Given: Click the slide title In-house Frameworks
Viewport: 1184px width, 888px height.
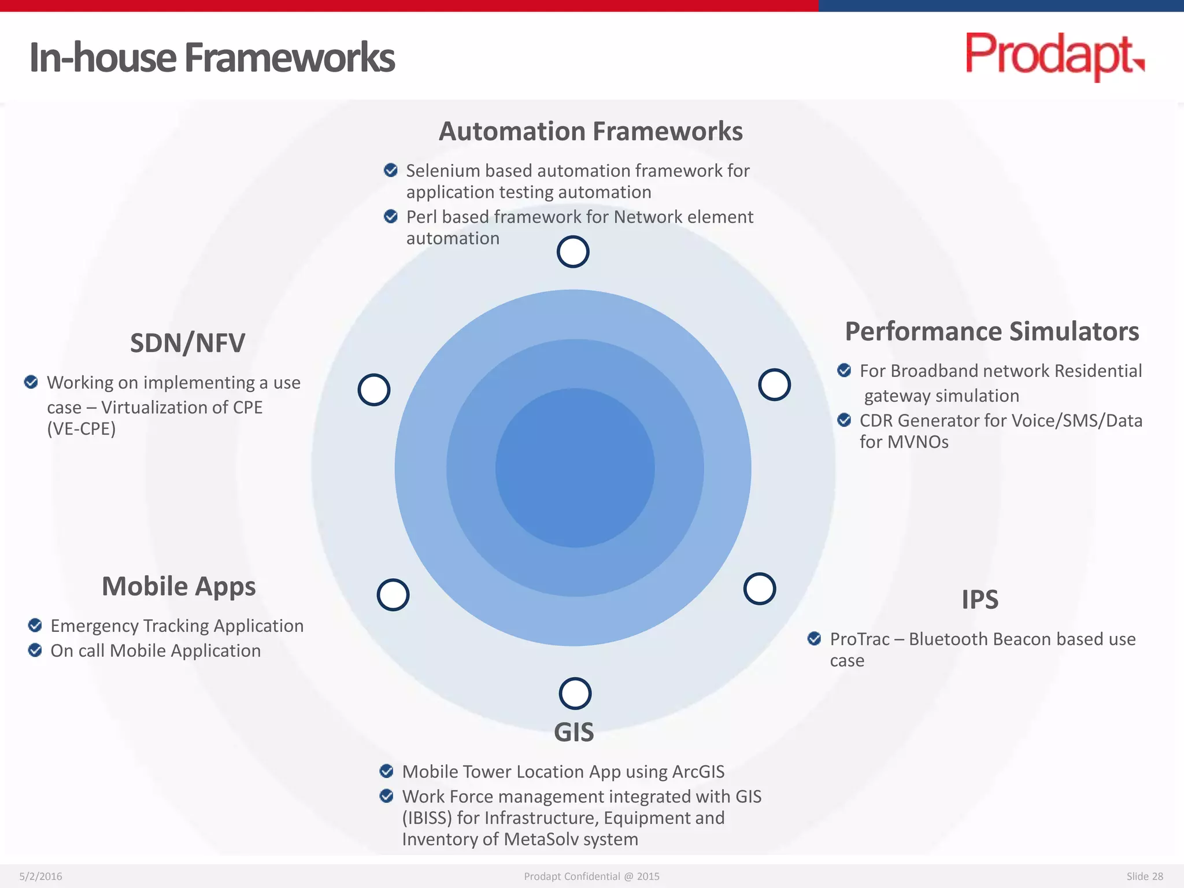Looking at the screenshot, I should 212,58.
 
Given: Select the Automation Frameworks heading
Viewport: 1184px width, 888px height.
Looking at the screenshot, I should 590,131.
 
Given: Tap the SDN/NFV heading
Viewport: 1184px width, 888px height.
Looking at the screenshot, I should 187,343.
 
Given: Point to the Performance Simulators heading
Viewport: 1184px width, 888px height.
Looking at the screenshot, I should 991,331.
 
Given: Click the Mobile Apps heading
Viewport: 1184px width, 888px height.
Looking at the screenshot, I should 179,586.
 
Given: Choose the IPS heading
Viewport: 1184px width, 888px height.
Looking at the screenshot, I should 979,600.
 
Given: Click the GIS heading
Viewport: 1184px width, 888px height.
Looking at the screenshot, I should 573,732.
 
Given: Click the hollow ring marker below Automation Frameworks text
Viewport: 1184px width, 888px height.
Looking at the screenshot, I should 573,252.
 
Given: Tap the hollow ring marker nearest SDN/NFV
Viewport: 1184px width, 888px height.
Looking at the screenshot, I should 374,390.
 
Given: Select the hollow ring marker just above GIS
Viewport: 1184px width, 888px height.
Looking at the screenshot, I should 575,693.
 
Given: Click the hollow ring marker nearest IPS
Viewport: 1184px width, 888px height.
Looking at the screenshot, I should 759,589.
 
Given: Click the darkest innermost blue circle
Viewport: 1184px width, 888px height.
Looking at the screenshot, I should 575,468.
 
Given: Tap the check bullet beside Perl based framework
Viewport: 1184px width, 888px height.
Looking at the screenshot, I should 391,216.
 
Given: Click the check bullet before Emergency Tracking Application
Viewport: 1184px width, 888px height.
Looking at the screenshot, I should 35,625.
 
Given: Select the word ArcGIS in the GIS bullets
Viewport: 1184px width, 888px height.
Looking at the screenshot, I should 698,772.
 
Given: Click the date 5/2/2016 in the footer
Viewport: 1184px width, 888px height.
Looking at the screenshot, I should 40,876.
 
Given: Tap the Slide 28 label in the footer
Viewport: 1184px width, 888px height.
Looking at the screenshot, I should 1144,876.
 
